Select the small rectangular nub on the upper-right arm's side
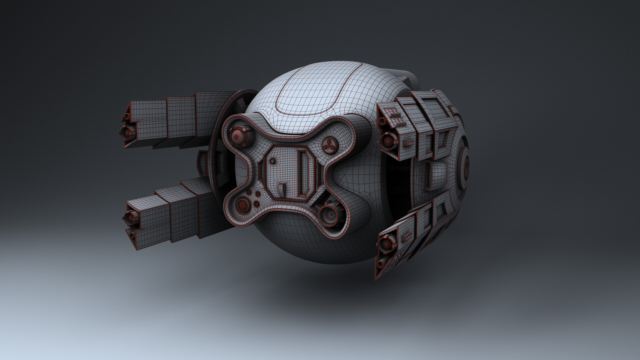click(407, 143)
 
